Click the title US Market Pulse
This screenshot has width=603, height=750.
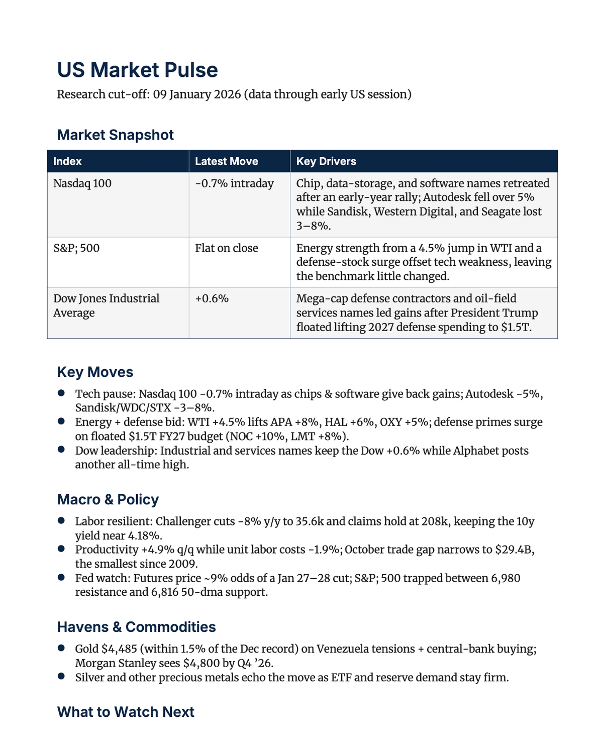tap(137, 70)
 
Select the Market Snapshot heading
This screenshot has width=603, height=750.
tap(115, 135)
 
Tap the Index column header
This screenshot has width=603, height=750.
tap(67, 161)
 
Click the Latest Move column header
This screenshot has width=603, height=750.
tap(226, 161)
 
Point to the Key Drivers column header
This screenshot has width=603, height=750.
tap(326, 161)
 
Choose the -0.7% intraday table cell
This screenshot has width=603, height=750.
tap(234, 183)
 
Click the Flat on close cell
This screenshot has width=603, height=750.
tap(226, 248)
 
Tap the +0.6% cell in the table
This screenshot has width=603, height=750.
tap(212, 298)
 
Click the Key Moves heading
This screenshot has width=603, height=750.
tap(95, 372)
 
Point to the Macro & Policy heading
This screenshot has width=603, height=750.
tap(108, 499)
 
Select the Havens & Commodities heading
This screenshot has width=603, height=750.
tap(136, 627)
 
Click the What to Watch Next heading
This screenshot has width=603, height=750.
tap(126, 712)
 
